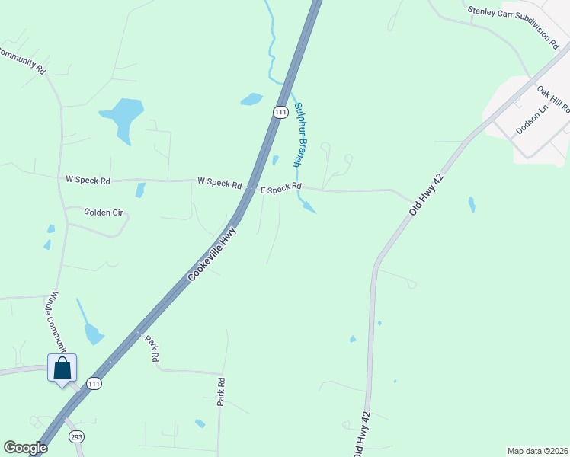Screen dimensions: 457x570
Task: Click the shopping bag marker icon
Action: (x=62, y=368)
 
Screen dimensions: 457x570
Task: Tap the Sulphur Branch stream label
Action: (x=301, y=134)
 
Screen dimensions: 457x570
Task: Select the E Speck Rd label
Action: (x=280, y=187)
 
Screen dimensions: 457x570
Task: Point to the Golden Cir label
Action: (x=103, y=213)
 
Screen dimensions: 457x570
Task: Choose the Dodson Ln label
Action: (x=532, y=120)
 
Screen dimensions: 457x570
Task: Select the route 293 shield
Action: (x=75, y=437)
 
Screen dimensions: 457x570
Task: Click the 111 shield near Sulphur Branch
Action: (x=280, y=112)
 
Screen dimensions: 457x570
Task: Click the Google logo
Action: (x=25, y=448)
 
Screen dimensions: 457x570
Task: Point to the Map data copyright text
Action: (x=537, y=451)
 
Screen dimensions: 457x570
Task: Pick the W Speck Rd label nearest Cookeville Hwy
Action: (x=219, y=182)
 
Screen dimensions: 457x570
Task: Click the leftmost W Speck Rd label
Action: (x=88, y=181)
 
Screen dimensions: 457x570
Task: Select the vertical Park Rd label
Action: (x=221, y=391)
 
